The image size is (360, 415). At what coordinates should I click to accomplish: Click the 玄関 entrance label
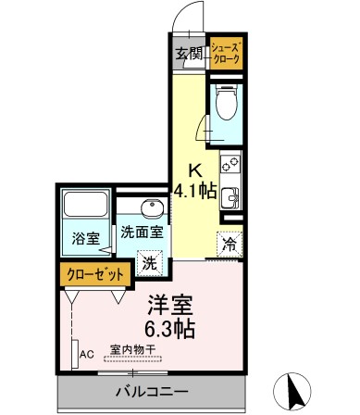(189, 52)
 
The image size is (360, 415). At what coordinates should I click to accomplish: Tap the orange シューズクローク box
(226, 52)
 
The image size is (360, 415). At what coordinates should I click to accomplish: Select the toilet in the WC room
(226, 105)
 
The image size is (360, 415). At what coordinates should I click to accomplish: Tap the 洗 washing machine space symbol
(148, 263)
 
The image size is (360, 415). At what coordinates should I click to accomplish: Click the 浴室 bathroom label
(86, 238)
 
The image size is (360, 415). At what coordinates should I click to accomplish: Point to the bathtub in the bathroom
(86, 207)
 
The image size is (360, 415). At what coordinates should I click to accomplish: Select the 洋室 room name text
(171, 304)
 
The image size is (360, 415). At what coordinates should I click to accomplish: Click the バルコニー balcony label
(152, 391)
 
